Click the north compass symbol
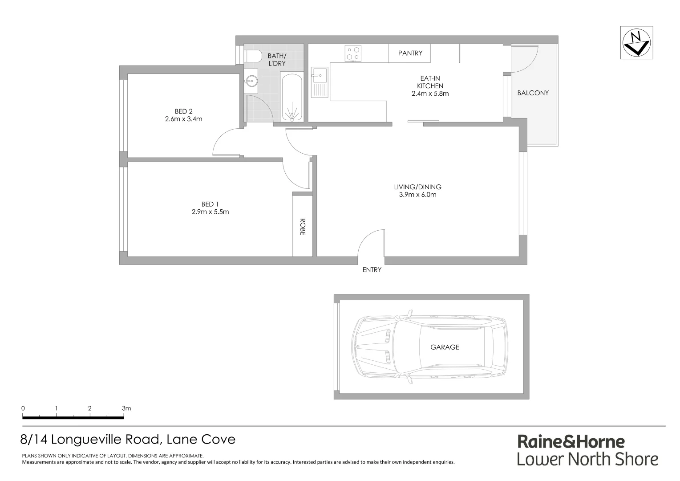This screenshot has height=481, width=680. (637, 43)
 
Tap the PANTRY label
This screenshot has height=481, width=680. (410, 53)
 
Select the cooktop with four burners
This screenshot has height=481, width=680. (353, 54)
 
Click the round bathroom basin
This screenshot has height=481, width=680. (250, 81)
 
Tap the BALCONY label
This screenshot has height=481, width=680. (533, 93)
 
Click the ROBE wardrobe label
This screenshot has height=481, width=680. (303, 226)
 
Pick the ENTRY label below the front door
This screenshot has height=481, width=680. (372, 270)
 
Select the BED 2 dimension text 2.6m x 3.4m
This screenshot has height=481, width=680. (183, 119)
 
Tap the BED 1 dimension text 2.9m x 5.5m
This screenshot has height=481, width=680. (210, 212)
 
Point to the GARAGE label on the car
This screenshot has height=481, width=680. (444, 347)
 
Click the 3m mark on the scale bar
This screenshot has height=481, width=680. (126, 408)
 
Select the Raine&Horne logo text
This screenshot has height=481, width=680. (571, 441)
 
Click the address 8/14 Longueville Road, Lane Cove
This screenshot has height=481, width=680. (128, 440)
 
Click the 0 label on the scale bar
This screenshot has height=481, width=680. (23, 408)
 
